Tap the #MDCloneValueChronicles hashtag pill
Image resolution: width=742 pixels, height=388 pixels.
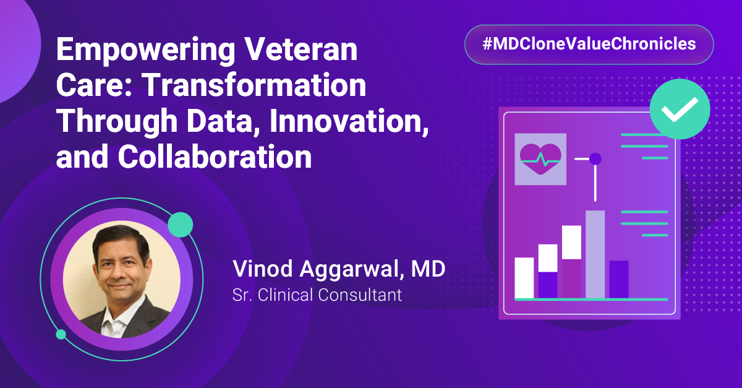point(589,45)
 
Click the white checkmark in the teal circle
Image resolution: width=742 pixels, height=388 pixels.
point(679,110)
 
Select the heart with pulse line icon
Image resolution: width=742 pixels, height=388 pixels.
point(540,159)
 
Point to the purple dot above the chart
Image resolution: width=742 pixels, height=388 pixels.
point(595,159)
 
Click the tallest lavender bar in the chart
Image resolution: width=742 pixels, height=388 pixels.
point(595,254)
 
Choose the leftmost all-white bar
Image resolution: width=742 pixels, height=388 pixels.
point(524,277)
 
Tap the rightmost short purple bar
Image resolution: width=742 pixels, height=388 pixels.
point(619,279)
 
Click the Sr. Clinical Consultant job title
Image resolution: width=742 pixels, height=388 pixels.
point(317,295)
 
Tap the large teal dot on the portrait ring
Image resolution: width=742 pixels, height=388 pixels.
point(181,225)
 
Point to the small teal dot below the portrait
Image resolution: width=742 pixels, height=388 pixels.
point(61,334)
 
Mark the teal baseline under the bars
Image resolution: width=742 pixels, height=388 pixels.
point(591,300)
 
